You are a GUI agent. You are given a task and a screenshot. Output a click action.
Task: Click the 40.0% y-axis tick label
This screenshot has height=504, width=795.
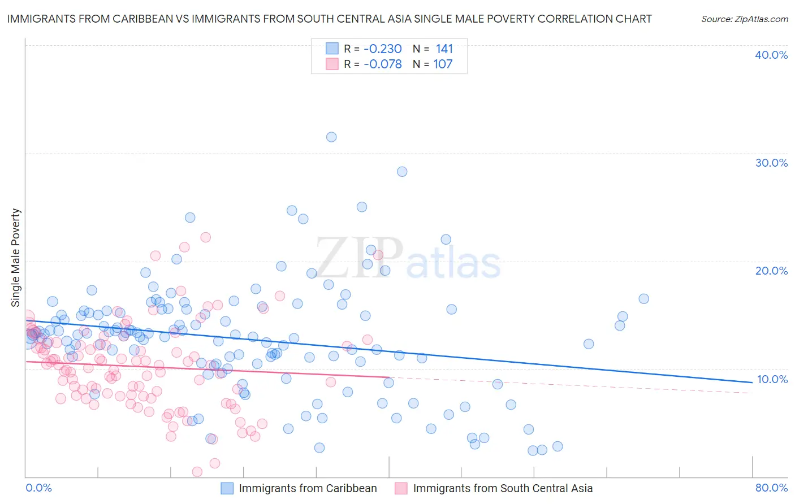click(x=771, y=55)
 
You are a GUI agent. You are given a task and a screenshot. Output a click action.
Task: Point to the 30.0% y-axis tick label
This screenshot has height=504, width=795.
click(x=771, y=163)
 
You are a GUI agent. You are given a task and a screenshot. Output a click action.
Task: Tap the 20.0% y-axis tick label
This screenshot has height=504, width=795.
click(x=771, y=271)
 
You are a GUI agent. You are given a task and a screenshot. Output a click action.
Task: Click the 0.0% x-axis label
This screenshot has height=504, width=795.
click(x=39, y=488)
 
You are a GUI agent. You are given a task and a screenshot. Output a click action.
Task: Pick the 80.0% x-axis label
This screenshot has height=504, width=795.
click(x=771, y=488)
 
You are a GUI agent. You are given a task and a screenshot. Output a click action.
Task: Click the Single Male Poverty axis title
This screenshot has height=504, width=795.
click(x=16, y=258)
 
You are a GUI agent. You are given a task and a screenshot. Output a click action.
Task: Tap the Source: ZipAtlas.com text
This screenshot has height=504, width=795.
click(x=744, y=19)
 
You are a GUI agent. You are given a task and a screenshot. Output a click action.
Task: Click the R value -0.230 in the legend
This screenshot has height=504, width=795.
click(x=382, y=49)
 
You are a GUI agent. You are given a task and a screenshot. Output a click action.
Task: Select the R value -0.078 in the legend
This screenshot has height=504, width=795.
click(x=382, y=64)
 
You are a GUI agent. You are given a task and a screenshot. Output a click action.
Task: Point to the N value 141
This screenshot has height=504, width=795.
click(x=444, y=49)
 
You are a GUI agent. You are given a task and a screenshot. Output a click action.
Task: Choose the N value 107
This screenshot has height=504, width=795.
click(x=443, y=64)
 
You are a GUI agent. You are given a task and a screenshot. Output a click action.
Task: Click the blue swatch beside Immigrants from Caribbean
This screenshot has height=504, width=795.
click(x=227, y=488)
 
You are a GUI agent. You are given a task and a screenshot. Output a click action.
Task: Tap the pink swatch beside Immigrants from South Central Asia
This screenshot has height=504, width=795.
click(x=401, y=488)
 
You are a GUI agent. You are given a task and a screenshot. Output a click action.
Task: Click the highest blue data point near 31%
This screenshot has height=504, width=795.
click(x=331, y=137)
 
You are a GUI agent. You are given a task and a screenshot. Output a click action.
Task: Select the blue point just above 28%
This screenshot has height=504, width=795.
click(x=402, y=172)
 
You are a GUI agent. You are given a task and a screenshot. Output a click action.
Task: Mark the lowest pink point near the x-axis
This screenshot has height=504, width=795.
click(x=197, y=471)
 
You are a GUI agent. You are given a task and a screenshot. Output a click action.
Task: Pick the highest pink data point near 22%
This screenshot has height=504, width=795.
click(x=206, y=237)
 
